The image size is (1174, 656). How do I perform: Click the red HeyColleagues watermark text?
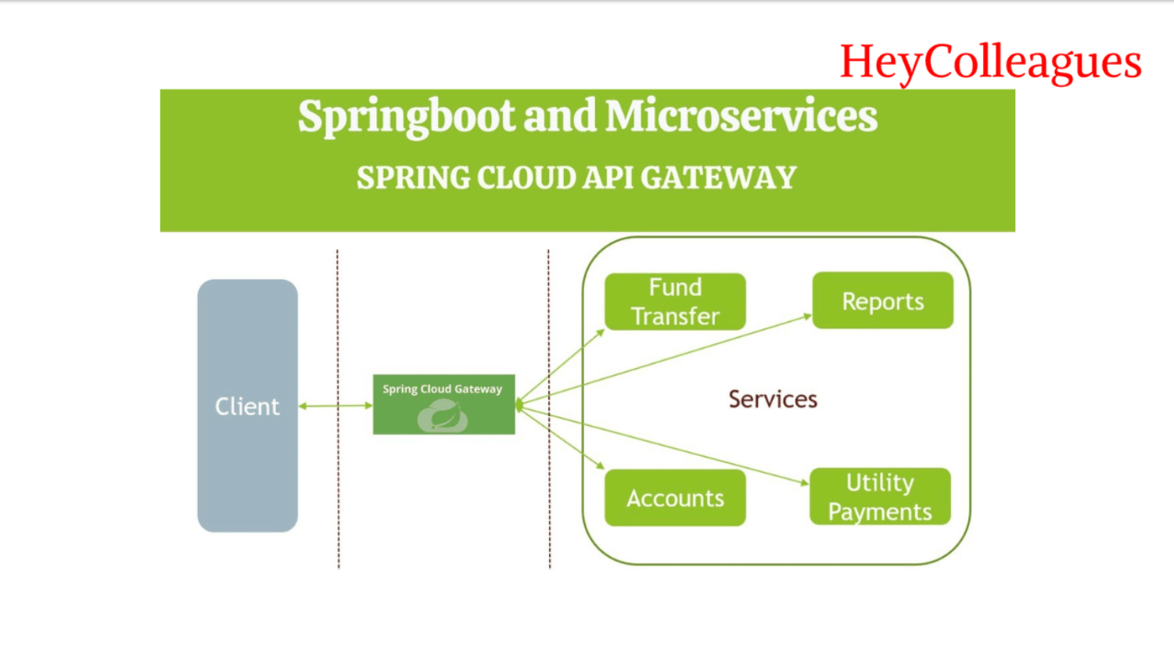point(990,63)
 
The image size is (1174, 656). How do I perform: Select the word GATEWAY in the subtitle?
point(719,177)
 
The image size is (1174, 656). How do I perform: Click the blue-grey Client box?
point(247,406)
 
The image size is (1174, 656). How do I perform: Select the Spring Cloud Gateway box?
point(444,404)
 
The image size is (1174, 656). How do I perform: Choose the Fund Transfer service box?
point(675,301)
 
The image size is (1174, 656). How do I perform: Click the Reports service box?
point(882,300)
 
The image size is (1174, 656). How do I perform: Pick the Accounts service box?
point(675,497)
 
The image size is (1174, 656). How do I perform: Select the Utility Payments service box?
point(880,496)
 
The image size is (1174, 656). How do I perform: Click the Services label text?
point(773,400)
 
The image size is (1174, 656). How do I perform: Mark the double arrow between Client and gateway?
point(336,406)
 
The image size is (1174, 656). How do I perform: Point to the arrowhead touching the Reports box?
point(808,316)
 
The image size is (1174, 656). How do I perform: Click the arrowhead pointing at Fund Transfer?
point(601,333)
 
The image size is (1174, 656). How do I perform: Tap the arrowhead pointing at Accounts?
point(601,465)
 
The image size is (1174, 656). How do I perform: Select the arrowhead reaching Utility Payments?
point(805,482)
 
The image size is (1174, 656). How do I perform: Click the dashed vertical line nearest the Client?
point(338,409)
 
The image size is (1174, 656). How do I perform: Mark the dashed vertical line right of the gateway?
point(549,409)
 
